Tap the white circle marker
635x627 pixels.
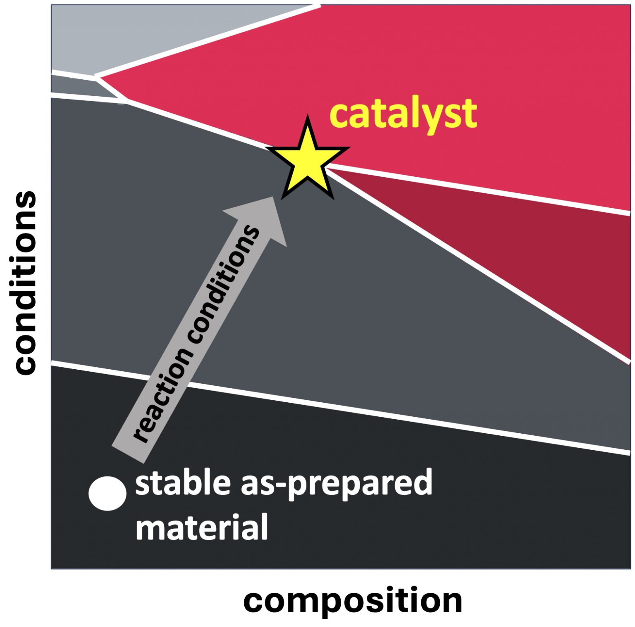pyautogui.click(x=107, y=494)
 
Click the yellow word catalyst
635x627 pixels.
pyautogui.click(x=403, y=114)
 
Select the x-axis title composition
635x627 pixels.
pyautogui.click(x=353, y=602)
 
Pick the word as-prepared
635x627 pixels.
pyautogui.click(x=337, y=484)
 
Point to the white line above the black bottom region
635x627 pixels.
pyautogui.click(x=341, y=407)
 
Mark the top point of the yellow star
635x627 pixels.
pyautogui.click(x=308, y=116)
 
